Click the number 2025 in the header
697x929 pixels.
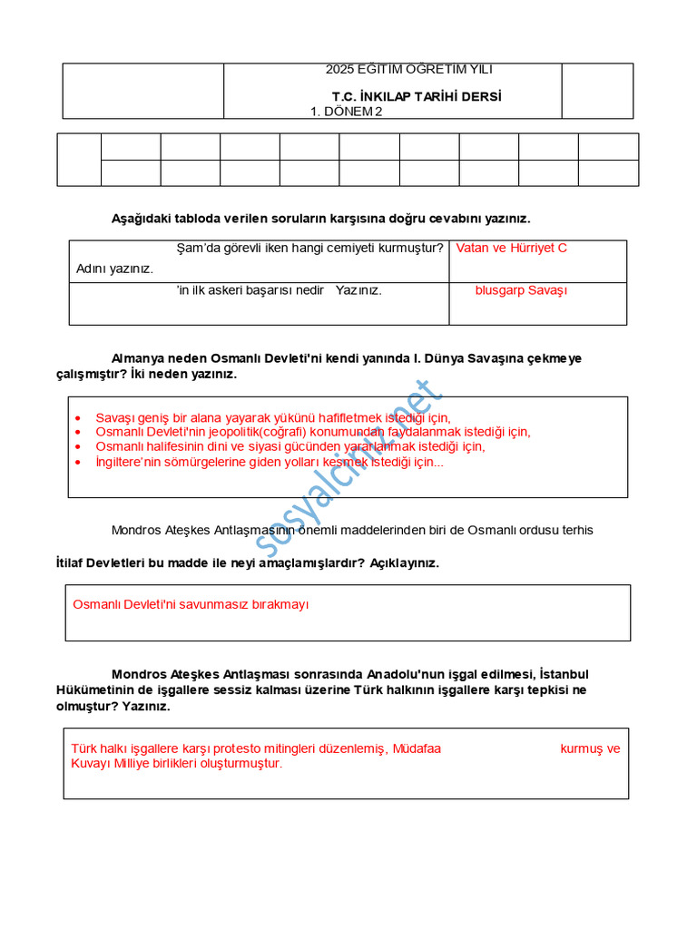coord(340,70)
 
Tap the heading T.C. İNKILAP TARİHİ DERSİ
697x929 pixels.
coord(417,96)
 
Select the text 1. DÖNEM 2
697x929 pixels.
coord(347,112)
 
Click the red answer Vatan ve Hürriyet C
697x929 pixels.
coord(511,248)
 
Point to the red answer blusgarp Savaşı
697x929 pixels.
coord(521,290)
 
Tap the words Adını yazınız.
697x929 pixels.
coord(115,269)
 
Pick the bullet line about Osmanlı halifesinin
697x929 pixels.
coord(290,446)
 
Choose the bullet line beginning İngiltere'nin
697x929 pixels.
coord(270,462)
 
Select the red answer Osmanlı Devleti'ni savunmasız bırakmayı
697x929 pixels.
coord(191,604)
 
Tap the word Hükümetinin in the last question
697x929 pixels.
coord(92,690)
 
